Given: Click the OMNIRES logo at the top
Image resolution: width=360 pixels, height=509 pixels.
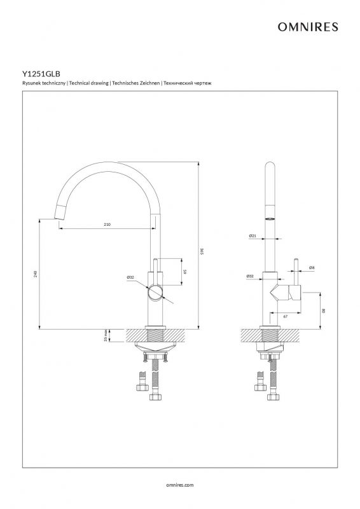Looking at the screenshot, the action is [x=308, y=27].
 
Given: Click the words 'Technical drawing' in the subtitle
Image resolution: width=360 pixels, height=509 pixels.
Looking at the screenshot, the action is [x=88, y=83].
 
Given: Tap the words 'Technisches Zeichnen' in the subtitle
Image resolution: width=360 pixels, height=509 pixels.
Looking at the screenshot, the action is [x=136, y=83].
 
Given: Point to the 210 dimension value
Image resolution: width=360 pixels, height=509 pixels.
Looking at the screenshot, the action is [x=107, y=225].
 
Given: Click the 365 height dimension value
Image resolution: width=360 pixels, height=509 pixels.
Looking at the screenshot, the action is [x=202, y=251].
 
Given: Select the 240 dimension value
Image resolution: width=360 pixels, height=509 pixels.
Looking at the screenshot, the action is [x=36, y=274].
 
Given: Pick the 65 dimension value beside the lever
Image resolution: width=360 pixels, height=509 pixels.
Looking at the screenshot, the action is [x=184, y=272].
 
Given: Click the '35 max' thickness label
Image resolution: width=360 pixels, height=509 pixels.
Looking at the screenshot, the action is [x=106, y=336].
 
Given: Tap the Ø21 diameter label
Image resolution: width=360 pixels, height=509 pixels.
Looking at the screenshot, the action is [x=253, y=235].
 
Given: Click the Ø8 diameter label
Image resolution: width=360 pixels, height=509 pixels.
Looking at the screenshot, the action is [x=312, y=267].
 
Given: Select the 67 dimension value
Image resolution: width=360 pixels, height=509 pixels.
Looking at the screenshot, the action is [x=286, y=316].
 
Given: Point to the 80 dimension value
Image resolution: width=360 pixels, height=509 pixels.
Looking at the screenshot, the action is [x=324, y=310].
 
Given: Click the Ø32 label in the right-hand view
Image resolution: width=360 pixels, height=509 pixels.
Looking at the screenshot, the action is [x=250, y=276].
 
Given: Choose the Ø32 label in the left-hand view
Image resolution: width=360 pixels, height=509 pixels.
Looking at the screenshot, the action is [x=130, y=277].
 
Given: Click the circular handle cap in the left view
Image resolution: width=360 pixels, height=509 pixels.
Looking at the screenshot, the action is [x=155, y=293].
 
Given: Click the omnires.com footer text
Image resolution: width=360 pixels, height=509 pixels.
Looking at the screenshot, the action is [x=180, y=485].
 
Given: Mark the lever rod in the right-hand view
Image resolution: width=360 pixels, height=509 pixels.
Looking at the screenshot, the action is [x=296, y=272].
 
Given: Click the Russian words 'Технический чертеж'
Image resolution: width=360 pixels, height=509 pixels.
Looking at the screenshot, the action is [x=188, y=83].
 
